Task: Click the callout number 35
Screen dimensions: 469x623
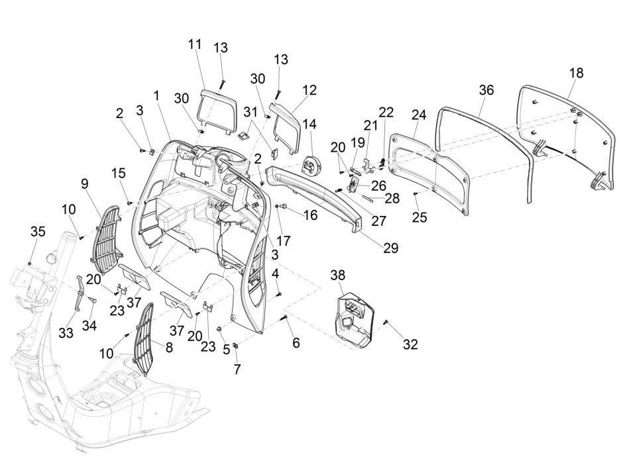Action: (x=38, y=231)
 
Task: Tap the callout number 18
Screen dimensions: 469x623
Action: (x=576, y=73)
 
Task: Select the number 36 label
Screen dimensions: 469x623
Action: (x=486, y=91)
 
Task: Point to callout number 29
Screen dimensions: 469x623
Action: (x=390, y=248)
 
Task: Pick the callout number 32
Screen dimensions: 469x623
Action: (x=410, y=344)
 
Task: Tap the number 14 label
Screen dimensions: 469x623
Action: (x=310, y=124)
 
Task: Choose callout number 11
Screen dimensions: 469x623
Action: (x=194, y=44)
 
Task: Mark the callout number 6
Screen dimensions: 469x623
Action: (x=296, y=342)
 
